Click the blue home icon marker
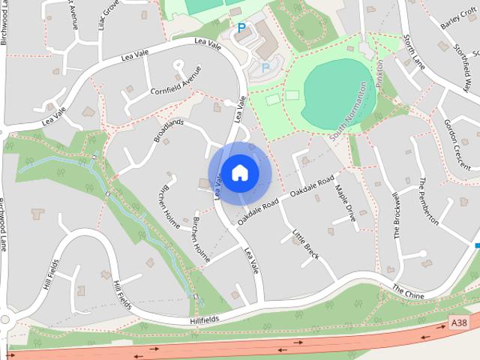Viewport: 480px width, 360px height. [239, 172]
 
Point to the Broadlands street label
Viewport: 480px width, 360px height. [169, 130]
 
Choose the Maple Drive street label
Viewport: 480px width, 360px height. [346, 203]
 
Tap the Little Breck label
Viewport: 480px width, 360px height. [306, 244]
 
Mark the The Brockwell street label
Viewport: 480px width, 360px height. [398, 215]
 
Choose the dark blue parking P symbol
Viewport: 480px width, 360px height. [241, 28]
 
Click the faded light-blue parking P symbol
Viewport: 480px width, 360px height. [265, 68]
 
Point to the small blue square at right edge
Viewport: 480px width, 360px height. [477, 244]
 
